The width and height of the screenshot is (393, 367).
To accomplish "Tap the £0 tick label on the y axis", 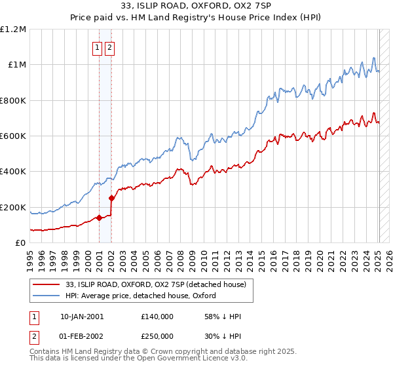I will click(21, 243).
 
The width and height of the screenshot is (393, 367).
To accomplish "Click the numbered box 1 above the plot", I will click(97, 47).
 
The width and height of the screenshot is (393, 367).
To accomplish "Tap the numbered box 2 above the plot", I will click(109, 47).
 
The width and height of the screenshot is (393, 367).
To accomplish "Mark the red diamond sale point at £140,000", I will click(99, 218).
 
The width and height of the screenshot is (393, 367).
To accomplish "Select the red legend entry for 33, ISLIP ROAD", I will click(155, 284).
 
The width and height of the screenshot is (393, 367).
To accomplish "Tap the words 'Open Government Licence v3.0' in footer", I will click(189, 360).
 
